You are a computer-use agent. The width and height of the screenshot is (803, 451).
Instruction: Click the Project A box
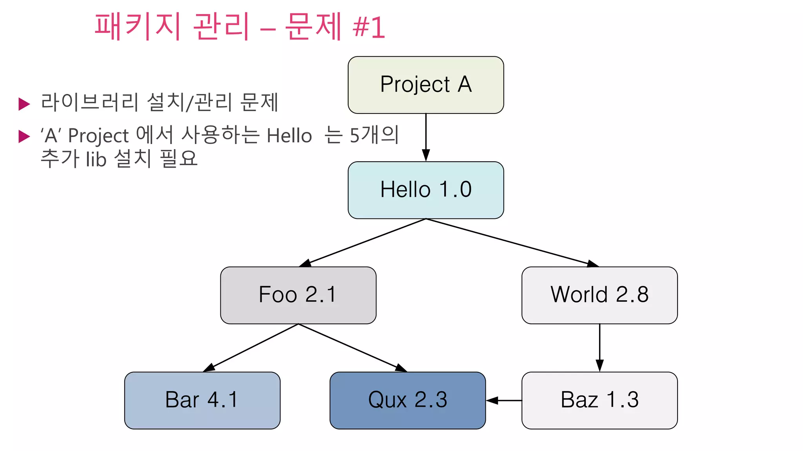(x=425, y=85)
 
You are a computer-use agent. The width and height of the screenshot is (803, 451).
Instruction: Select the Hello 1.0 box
(x=425, y=190)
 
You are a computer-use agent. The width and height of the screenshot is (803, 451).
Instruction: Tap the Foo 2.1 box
(x=298, y=295)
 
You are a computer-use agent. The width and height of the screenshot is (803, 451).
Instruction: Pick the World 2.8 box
(x=599, y=295)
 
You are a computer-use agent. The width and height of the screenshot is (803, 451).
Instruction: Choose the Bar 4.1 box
(x=202, y=400)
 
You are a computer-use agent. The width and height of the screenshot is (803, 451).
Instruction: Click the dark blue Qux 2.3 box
(x=407, y=400)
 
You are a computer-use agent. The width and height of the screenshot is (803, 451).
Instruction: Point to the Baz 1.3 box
(x=599, y=400)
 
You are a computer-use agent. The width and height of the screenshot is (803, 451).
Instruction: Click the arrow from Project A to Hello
(x=426, y=137)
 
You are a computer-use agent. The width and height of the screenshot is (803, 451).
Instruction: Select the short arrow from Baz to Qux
(x=504, y=400)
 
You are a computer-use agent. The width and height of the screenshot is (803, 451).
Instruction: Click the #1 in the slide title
(x=369, y=27)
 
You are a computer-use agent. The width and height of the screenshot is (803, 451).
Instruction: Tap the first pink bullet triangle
(x=24, y=104)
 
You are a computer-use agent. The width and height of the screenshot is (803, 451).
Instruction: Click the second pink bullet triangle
(x=24, y=136)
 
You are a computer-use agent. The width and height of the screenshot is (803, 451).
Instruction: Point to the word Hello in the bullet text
(x=289, y=136)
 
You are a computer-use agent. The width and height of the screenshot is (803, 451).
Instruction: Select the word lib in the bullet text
(x=96, y=159)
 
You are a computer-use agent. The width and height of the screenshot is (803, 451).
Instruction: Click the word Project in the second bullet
(x=98, y=136)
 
